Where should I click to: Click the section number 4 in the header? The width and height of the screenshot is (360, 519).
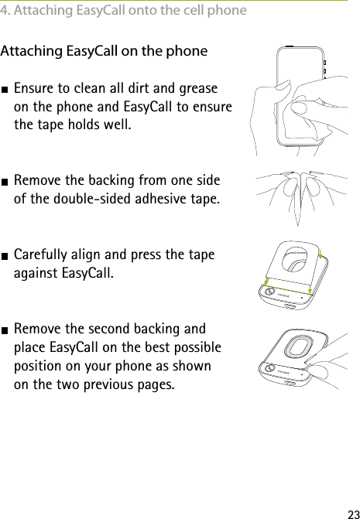click(5, 11)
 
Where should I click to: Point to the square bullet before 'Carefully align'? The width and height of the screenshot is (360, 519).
click(5, 255)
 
